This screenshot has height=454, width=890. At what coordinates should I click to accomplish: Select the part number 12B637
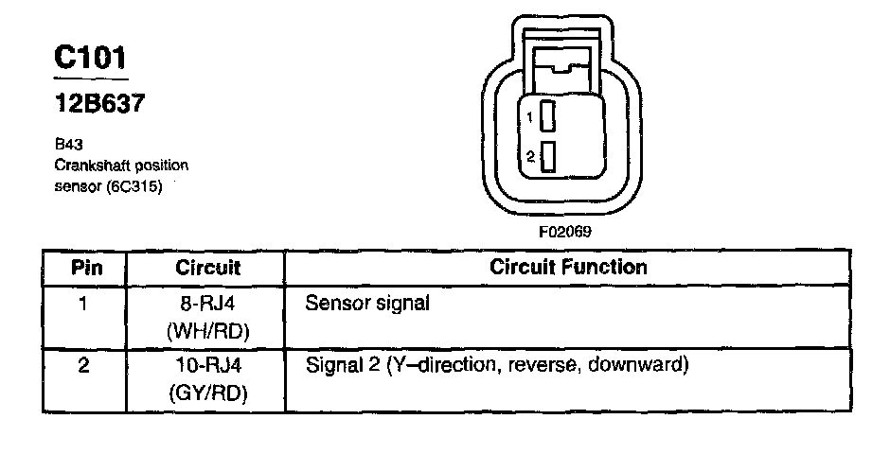[x=98, y=104]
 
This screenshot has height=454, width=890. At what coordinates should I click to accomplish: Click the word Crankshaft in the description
[x=91, y=166]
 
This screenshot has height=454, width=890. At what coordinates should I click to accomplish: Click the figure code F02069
[x=569, y=230]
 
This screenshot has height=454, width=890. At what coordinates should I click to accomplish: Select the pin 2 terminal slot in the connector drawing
[x=548, y=155]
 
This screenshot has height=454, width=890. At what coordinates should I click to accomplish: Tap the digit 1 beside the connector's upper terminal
[x=531, y=117]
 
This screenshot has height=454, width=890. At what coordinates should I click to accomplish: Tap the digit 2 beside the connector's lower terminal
[x=531, y=155]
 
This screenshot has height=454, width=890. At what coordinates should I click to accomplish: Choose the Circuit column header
[x=207, y=268]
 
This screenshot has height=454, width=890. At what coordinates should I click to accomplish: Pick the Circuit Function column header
[x=568, y=267]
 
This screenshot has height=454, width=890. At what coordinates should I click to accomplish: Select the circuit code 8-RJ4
[x=207, y=305]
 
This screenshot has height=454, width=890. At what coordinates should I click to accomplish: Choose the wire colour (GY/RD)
[x=207, y=392]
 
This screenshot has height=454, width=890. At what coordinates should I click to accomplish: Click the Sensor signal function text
[x=367, y=305]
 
